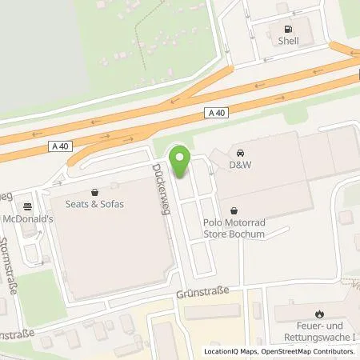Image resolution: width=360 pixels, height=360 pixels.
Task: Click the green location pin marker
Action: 180,162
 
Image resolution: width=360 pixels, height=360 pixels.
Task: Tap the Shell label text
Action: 286,40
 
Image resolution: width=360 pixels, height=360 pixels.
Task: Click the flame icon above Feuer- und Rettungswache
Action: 320,314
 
